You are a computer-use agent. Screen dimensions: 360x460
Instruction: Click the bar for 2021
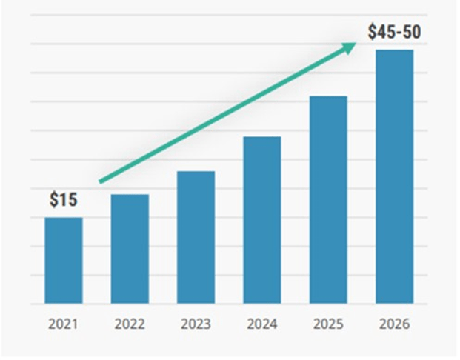coord(64,261)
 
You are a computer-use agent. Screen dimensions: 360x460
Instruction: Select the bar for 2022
coord(130,249)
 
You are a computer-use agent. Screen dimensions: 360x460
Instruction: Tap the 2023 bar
coord(196,238)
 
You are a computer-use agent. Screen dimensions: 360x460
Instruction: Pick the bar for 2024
coord(262,220)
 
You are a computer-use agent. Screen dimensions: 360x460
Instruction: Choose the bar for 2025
coord(328,200)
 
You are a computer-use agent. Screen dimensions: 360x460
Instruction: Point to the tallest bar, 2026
coord(394,177)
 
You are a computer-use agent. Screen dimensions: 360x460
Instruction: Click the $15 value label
coord(64,199)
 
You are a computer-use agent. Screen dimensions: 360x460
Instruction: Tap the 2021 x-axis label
coord(64,324)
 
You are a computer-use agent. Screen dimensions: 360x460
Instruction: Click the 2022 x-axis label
coord(130,324)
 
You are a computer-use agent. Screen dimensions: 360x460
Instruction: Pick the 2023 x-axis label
coord(196,324)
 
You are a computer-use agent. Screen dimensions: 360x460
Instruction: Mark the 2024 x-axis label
coord(262,324)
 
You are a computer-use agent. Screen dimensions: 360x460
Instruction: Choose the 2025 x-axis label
coord(328,324)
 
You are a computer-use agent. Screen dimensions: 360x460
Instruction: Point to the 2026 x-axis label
coord(394,324)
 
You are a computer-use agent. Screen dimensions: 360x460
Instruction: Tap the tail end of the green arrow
coord(101,181)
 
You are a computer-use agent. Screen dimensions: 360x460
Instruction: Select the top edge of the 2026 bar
coord(394,50)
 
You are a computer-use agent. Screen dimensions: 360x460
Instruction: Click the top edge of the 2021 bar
coord(64,218)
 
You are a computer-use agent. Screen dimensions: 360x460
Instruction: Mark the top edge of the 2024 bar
coord(262,137)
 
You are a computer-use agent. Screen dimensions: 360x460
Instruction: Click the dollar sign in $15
coord(54,199)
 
